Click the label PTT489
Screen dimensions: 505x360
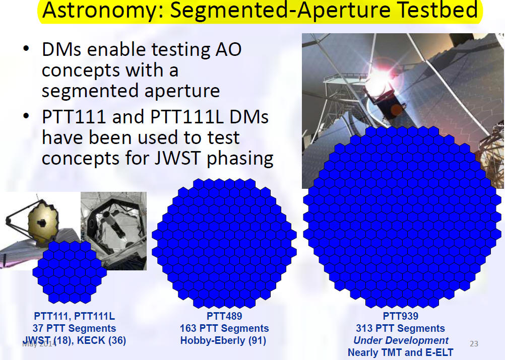point(224,316)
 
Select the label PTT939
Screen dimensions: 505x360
point(401,316)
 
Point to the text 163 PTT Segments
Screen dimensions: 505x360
point(224,328)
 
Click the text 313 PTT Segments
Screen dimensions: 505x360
point(401,328)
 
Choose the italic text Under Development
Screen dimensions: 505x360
point(401,340)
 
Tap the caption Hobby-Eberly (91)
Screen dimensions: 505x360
point(223,340)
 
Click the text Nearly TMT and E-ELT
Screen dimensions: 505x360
point(401,352)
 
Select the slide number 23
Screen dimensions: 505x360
point(474,343)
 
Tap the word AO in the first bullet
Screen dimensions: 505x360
point(228,49)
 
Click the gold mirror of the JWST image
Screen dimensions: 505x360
point(43,222)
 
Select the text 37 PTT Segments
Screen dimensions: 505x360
point(74,328)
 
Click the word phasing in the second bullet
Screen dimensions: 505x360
point(240,158)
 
